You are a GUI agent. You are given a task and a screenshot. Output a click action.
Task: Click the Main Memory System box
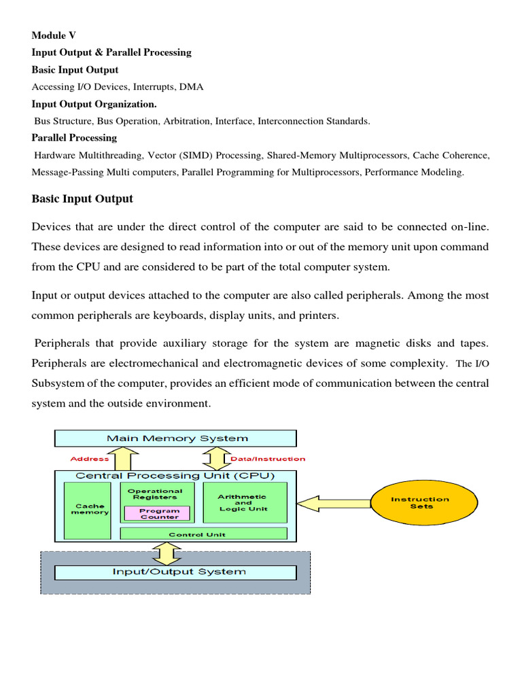click(x=175, y=438)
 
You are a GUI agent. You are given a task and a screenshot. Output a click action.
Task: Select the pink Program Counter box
click(x=156, y=514)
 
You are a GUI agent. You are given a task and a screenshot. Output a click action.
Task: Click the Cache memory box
click(x=90, y=509)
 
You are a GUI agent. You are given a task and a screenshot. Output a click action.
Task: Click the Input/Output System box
click(x=175, y=572)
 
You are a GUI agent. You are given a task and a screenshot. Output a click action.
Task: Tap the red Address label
click(x=89, y=459)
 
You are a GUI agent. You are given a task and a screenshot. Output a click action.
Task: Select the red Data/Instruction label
click(x=268, y=459)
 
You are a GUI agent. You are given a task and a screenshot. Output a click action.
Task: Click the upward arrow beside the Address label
click(x=126, y=459)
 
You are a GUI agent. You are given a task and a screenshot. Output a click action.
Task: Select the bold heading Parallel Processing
click(x=74, y=138)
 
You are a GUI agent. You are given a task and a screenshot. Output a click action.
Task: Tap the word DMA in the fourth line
click(x=192, y=87)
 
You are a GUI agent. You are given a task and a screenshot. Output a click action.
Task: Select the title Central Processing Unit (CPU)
click(x=175, y=476)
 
